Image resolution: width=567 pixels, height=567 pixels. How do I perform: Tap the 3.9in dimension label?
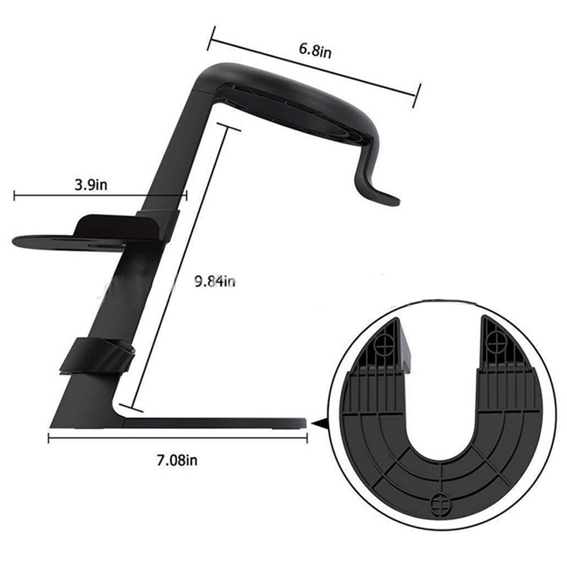(x=91, y=185)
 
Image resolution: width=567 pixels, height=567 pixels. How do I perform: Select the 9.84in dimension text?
(x=215, y=281)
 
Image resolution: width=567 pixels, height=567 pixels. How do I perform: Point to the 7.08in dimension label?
(x=177, y=460)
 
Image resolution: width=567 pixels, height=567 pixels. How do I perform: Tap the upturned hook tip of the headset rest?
(x=394, y=201)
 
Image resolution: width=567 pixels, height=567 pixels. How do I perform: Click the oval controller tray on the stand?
(x=68, y=242)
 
